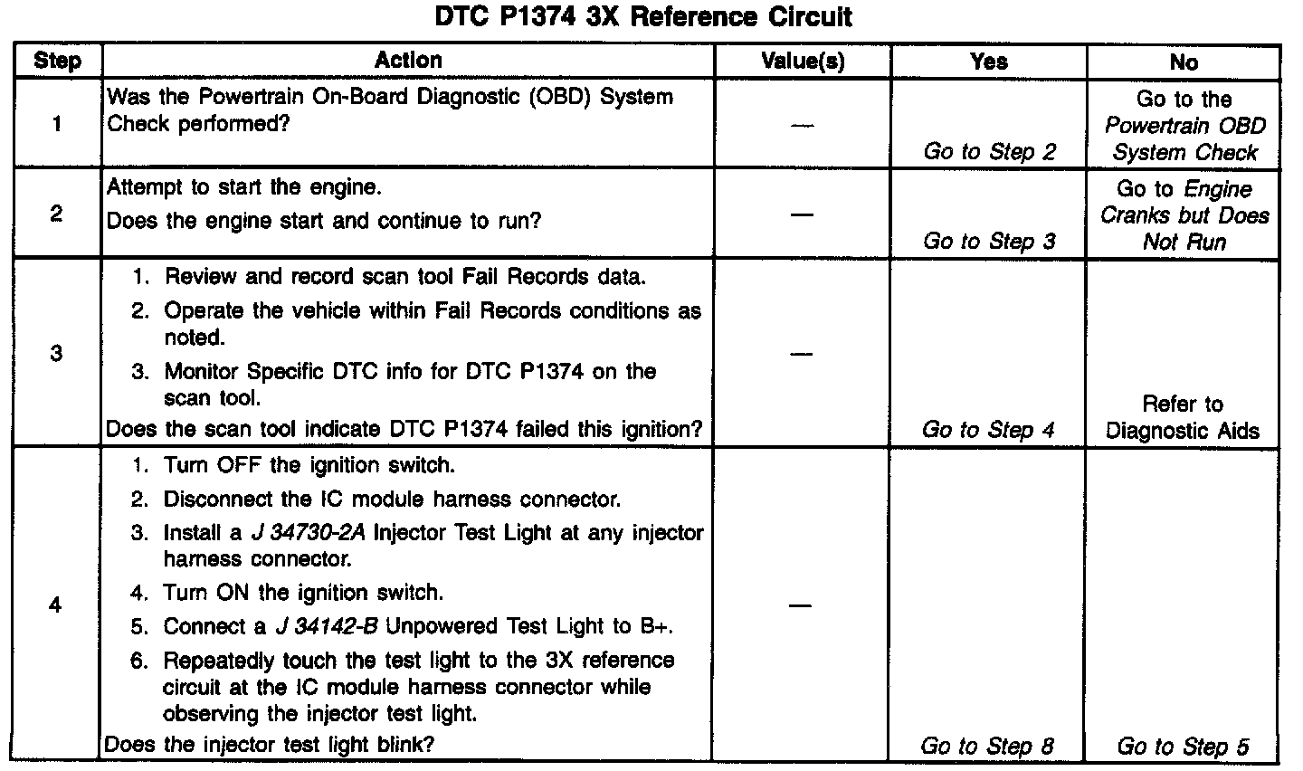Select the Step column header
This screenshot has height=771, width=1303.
click(x=57, y=62)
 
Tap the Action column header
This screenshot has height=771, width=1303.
click(x=408, y=61)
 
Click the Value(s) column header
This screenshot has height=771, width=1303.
click(x=803, y=62)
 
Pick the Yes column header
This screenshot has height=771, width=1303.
click(x=988, y=62)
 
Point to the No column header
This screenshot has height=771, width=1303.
click(x=1184, y=62)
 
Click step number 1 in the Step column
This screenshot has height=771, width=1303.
click(x=57, y=123)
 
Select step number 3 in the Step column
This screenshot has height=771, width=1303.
click(x=56, y=353)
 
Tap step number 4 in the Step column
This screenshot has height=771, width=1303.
click(x=56, y=604)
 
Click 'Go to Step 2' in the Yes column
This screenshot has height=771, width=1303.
click(x=989, y=152)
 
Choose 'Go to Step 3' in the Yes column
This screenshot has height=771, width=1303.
click(x=989, y=242)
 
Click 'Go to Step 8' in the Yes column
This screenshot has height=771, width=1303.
click(x=987, y=747)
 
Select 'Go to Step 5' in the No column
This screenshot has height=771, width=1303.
click(x=1183, y=747)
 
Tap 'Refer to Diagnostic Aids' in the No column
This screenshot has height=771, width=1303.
click(x=1183, y=417)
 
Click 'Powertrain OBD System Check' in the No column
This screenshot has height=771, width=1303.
click(x=1184, y=139)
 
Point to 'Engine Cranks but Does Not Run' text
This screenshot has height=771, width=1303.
click(x=1184, y=216)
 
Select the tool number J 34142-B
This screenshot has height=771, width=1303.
click(x=314, y=627)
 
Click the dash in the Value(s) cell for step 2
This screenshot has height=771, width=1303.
click(x=802, y=214)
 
